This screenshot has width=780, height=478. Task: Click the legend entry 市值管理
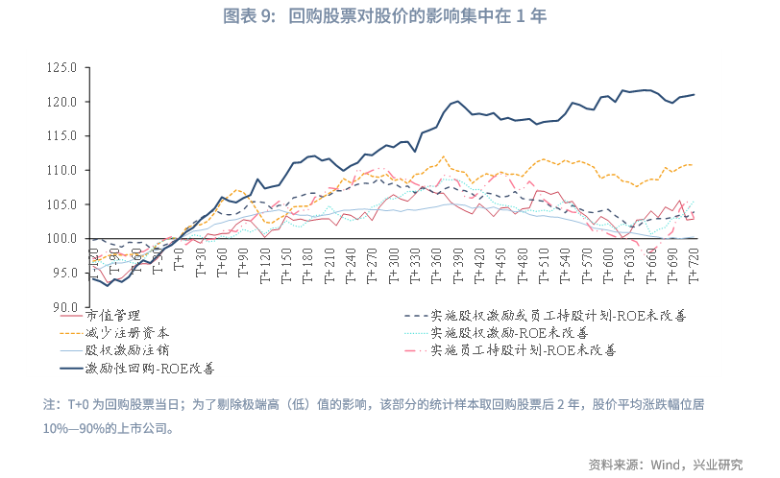click(x=112, y=314)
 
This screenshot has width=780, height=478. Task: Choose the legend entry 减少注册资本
click(x=119, y=331)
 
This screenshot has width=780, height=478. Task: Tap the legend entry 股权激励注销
click(x=119, y=349)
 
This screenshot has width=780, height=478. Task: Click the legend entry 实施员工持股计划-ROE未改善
click(x=523, y=349)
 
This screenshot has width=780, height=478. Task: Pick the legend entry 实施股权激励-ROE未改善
click(x=509, y=331)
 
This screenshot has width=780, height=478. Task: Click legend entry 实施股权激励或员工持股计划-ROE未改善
click(x=557, y=314)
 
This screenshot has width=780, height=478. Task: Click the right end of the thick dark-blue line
click(x=695, y=94)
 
